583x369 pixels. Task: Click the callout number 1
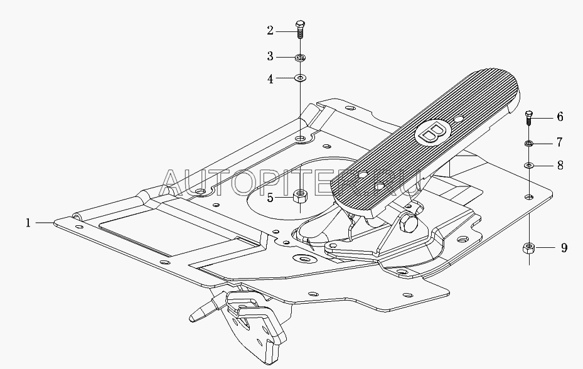coord(28,223)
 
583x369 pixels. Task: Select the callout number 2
coord(270,31)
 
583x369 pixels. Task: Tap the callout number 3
coord(270,56)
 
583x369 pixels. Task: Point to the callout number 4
coord(270,79)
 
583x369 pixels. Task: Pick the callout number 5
coord(270,198)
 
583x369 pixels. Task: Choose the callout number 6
coord(560,117)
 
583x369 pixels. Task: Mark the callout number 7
coord(560,142)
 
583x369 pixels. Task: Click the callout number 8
coord(560,165)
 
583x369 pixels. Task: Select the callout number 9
coord(564,248)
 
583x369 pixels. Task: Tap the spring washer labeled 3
coord(300,58)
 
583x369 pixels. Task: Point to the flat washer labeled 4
coord(300,78)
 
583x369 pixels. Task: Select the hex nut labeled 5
coord(300,196)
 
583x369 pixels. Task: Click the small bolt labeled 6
coord(529,117)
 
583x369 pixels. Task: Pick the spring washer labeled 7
coord(529,143)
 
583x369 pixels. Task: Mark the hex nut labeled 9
coord(528,248)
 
